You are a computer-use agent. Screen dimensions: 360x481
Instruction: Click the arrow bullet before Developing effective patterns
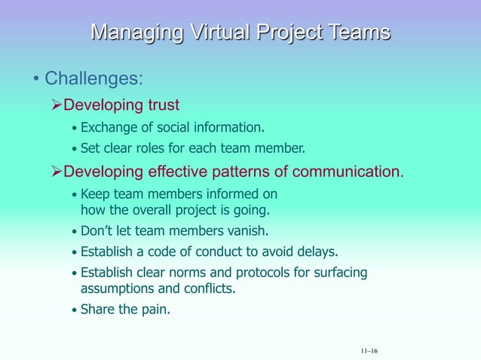pyautogui.click(x=56, y=171)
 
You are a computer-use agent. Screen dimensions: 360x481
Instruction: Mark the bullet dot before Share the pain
pyautogui.click(x=73, y=309)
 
